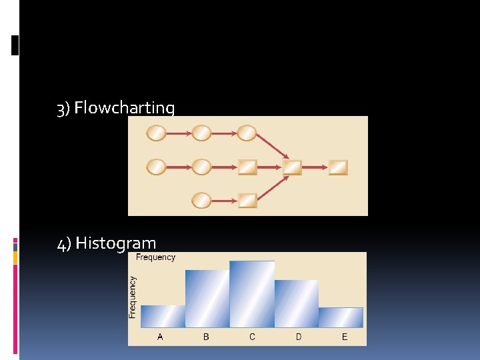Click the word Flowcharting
click(125, 108)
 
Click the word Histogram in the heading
click(116, 243)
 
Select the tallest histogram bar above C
click(252, 293)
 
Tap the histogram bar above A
click(163, 316)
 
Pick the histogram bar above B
click(207, 298)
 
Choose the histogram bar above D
click(297, 303)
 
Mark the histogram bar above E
click(341, 317)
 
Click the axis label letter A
click(160, 337)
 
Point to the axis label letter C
click(252, 337)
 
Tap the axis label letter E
click(345, 337)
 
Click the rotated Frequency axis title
click(133, 297)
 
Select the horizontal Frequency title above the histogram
click(155, 257)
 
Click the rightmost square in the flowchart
click(338, 167)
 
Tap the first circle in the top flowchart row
click(156, 133)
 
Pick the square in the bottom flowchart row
click(247, 200)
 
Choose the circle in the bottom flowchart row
click(201, 200)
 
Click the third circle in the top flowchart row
click(247, 133)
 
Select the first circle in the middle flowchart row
click(156, 167)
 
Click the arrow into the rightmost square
click(315, 167)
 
